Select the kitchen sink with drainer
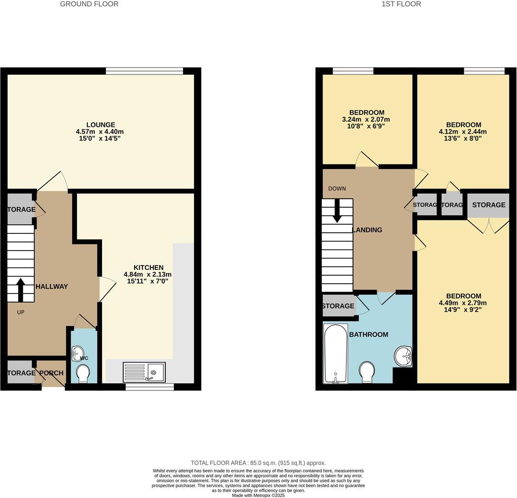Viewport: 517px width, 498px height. point(144,372)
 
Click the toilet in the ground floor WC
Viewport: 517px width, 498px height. point(83,373)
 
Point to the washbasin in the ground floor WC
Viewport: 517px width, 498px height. point(77,354)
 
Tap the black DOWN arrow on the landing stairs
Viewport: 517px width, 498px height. point(337,211)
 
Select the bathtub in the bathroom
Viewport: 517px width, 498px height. point(335,354)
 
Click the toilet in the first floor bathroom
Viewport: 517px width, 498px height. point(367,372)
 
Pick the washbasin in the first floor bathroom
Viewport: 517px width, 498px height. point(403,355)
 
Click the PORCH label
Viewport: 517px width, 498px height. point(51,373)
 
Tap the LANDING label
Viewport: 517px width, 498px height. point(367,230)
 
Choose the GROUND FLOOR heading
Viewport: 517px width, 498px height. point(89,4)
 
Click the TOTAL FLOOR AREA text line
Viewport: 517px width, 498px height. point(258,463)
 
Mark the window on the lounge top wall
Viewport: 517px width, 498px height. point(144,71)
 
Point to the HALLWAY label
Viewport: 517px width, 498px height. point(51,287)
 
